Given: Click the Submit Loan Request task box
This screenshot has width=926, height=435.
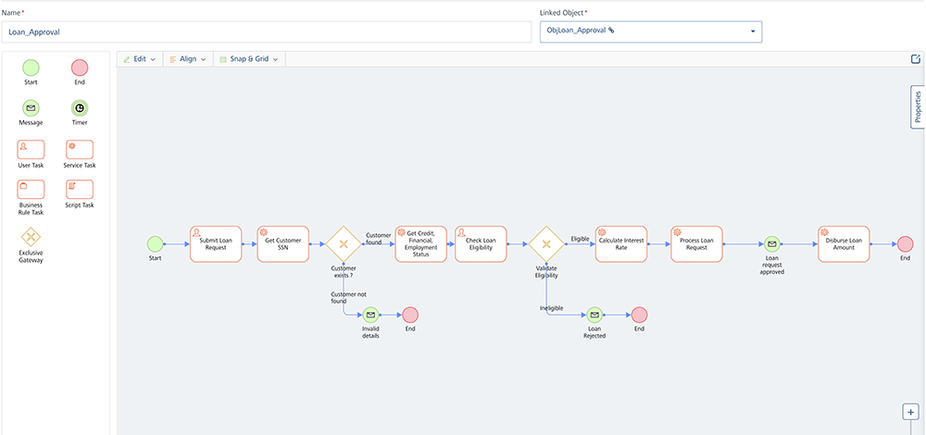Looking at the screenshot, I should (x=216, y=244).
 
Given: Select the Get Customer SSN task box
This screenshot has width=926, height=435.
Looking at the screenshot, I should (x=282, y=244).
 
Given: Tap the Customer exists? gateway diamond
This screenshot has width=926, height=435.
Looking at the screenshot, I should (x=343, y=244).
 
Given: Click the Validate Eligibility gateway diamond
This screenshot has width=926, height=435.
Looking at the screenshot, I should (x=546, y=244).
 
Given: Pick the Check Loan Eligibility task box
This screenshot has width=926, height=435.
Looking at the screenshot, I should (x=481, y=244).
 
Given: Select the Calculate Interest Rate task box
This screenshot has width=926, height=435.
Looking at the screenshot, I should (x=620, y=244).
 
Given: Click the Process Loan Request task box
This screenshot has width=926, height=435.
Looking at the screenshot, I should (x=696, y=244).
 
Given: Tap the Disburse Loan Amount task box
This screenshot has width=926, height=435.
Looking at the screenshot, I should (x=844, y=244).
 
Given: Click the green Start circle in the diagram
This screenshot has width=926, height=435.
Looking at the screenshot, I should (x=155, y=244).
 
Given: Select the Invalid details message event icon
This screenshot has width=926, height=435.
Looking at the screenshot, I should (x=370, y=315).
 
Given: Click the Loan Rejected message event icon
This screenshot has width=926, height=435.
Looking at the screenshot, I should (x=594, y=315).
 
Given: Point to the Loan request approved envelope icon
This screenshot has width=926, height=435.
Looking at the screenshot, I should (x=771, y=244).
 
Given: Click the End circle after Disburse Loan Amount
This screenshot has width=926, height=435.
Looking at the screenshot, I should (x=905, y=244).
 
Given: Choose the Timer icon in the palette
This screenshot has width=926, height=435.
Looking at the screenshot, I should (x=80, y=107).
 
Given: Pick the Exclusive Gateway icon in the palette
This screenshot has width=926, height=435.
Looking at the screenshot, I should (x=31, y=236).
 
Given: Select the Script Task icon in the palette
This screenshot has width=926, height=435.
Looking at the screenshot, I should (x=80, y=189).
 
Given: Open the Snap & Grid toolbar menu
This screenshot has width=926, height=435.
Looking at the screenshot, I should (x=248, y=59).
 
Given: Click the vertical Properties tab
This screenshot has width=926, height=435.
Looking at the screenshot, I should (x=918, y=107).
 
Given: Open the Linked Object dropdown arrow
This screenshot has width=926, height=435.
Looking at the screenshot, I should (x=753, y=31).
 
